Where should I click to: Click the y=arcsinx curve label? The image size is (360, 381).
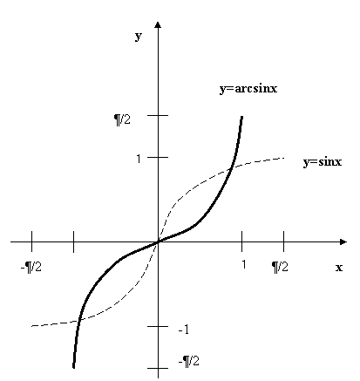pyautogui.click(x=248, y=89)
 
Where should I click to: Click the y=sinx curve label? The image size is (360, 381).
pyautogui.click(x=323, y=161)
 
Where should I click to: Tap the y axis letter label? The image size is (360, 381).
pyautogui.click(x=139, y=36)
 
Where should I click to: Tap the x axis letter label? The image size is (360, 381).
pyautogui.click(x=339, y=268)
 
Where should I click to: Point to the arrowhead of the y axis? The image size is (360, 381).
pyautogui.click(x=158, y=24)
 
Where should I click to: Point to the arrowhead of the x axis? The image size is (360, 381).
pyautogui.click(x=343, y=242)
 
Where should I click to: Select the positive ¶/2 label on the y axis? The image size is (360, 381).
pyautogui.click(x=122, y=119)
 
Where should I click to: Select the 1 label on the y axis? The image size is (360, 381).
pyautogui.click(x=139, y=159)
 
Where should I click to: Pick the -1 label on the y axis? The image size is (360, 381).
pyautogui.click(x=184, y=330)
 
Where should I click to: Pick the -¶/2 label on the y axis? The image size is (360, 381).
pyautogui.click(x=189, y=361)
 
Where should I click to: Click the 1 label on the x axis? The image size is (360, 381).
pyautogui.click(x=243, y=264)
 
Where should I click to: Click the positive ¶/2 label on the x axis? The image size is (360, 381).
pyautogui.click(x=280, y=267)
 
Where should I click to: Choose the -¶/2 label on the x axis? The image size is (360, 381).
pyautogui.click(x=31, y=267)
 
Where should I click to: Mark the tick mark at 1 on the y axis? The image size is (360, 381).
pyautogui.click(x=158, y=157)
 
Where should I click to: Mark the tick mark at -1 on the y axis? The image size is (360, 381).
pyautogui.click(x=158, y=326)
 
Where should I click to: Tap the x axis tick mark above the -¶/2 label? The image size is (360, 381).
pyautogui.click(x=31, y=242)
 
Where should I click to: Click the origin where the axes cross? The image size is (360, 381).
pyautogui.click(x=158, y=242)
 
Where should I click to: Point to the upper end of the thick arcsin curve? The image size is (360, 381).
pyautogui.click(x=241, y=117)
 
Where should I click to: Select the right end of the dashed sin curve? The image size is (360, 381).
pyautogui.click(x=283, y=158)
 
